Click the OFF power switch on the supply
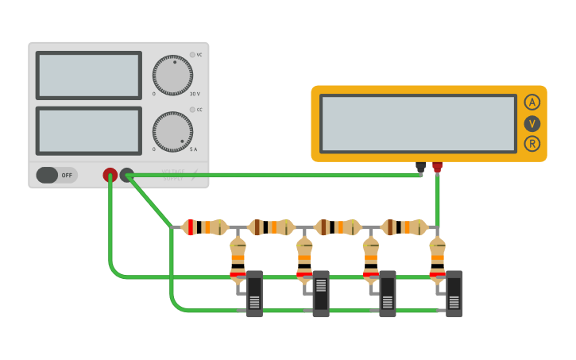click(x=56, y=175)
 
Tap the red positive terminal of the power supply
click(x=110, y=175)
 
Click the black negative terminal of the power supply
click(x=127, y=175)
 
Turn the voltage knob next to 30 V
click(x=172, y=75)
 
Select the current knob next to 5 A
click(x=172, y=131)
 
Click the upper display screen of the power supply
click(x=88, y=75)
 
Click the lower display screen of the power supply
click(x=88, y=131)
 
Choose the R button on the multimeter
click(x=532, y=144)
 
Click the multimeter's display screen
click(x=418, y=123)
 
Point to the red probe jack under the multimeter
click(x=437, y=167)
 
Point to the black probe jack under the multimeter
click(x=420, y=167)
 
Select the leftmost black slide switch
click(x=254, y=294)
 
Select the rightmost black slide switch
click(x=454, y=294)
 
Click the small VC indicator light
click(x=191, y=55)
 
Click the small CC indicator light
click(x=191, y=110)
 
